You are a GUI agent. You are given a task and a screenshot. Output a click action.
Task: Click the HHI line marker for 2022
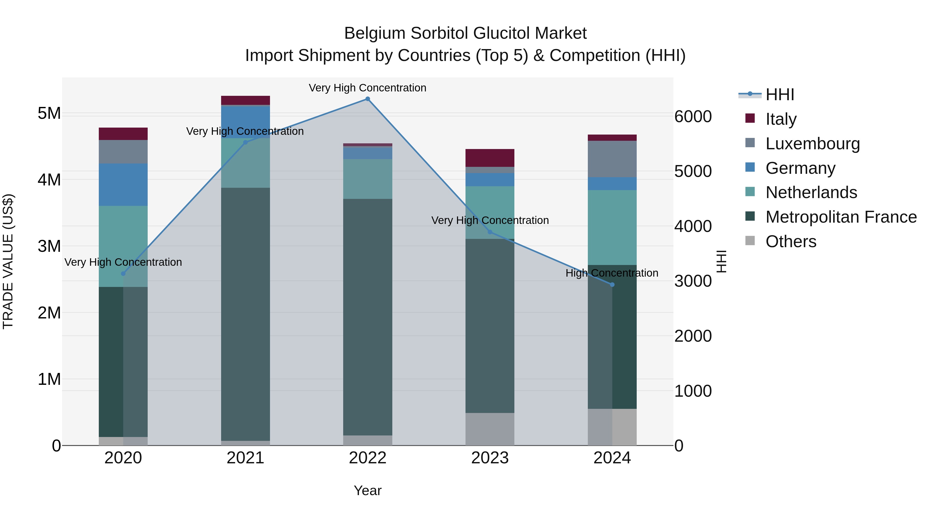(x=367, y=99)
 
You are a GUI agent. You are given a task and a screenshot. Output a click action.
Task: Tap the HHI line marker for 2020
(x=123, y=274)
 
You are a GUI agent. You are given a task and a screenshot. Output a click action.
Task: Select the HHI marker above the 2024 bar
(x=612, y=285)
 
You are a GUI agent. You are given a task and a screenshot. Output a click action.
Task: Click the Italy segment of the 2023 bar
(x=490, y=158)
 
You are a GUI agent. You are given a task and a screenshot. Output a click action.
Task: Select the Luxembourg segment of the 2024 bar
(x=612, y=159)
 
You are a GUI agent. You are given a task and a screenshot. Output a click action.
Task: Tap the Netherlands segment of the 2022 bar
(x=367, y=179)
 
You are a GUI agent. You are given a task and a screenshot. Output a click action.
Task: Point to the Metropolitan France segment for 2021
(x=245, y=314)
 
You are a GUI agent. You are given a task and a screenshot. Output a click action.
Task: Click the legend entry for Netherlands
(x=811, y=192)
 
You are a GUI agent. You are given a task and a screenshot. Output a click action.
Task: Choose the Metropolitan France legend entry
(x=841, y=217)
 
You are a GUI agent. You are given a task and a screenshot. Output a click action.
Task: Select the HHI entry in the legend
(x=779, y=95)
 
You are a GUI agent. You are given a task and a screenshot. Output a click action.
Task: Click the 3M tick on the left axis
(x=49, y=246)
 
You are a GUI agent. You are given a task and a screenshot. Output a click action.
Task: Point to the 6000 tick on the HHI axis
(x=693, y=116)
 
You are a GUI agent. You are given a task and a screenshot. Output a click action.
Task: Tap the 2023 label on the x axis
(x=490, y=458)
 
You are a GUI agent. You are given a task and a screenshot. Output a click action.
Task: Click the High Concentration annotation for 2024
(x=612, y=273)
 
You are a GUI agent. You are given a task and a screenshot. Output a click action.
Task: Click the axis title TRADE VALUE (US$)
(x=8, y=261)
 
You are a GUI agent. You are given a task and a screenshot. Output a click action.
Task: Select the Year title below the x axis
(x=367, y=490)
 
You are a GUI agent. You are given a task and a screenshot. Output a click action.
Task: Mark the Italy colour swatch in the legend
(x=750, y=118)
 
